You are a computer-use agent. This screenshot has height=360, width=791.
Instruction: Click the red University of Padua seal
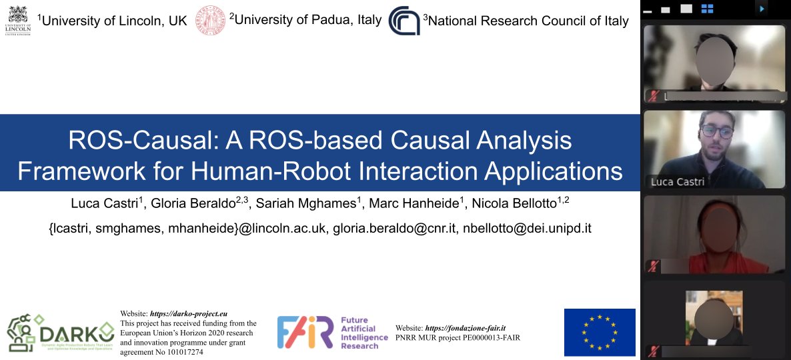[x=210, y=20]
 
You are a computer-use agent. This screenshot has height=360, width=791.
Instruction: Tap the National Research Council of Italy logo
[x=404, y=20]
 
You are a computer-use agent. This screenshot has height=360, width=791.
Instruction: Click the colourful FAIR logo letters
[x=305, y=332]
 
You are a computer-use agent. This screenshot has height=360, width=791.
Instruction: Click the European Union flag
[x=600, y=332]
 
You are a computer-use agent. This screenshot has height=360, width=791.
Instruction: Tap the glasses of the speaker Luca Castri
[x=716, y=131]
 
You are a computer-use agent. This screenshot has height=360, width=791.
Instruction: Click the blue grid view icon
[x=708, y=9]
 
